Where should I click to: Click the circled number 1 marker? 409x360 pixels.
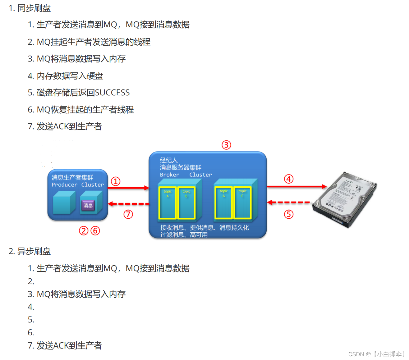pos(116,181)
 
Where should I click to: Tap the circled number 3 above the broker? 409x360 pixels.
pos(226,145)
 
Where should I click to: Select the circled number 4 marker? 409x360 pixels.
pos(289,179)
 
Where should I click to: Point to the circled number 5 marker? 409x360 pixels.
pos(289,214)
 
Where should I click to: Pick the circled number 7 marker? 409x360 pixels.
pos(128,214)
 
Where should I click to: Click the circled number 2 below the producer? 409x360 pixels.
pos(84,231)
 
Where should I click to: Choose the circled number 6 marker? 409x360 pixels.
pos(95,231)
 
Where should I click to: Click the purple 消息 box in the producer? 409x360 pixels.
pos(88,205)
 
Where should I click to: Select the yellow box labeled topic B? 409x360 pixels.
pos(186,203)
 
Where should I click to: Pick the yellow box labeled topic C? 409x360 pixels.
pos(242,203)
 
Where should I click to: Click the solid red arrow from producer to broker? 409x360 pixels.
pos(128,188)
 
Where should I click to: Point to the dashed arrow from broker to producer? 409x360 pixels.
pos(128,204)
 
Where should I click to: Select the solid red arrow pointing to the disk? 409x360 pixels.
pos(296,187)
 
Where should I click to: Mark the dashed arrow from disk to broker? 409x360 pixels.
pos(289,203)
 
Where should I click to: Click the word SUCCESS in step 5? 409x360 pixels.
pos(112,93)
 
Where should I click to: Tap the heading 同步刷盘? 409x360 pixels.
pos(34,8)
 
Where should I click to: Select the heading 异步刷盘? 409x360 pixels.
pos(34,251)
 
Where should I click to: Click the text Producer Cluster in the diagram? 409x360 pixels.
pos(78,185)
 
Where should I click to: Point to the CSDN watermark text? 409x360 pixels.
pos(376,354)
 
